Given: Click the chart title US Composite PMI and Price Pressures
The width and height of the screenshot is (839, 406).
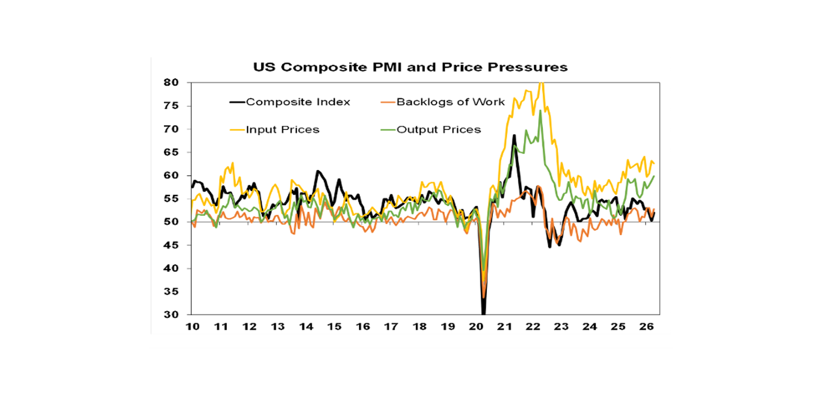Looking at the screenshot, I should pos(410,67).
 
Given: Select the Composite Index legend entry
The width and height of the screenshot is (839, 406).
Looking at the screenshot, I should pos(298,102).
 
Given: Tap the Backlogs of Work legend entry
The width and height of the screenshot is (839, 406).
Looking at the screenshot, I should pos(451,102).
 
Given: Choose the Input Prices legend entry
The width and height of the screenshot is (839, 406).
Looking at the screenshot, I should pos(282,130).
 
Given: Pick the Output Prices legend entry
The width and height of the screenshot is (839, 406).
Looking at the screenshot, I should pos(439,130).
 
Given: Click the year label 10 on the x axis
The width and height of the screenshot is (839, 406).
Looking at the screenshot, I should pos(192,326).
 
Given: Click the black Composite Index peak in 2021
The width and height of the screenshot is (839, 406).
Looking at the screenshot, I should pos(514,135).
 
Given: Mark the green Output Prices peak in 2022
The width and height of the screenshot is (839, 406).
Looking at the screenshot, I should pos(540,111).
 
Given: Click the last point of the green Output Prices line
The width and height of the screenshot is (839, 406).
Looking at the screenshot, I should pos(654,176).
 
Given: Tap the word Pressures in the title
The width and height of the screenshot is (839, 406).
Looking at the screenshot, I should pos(533,67).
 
